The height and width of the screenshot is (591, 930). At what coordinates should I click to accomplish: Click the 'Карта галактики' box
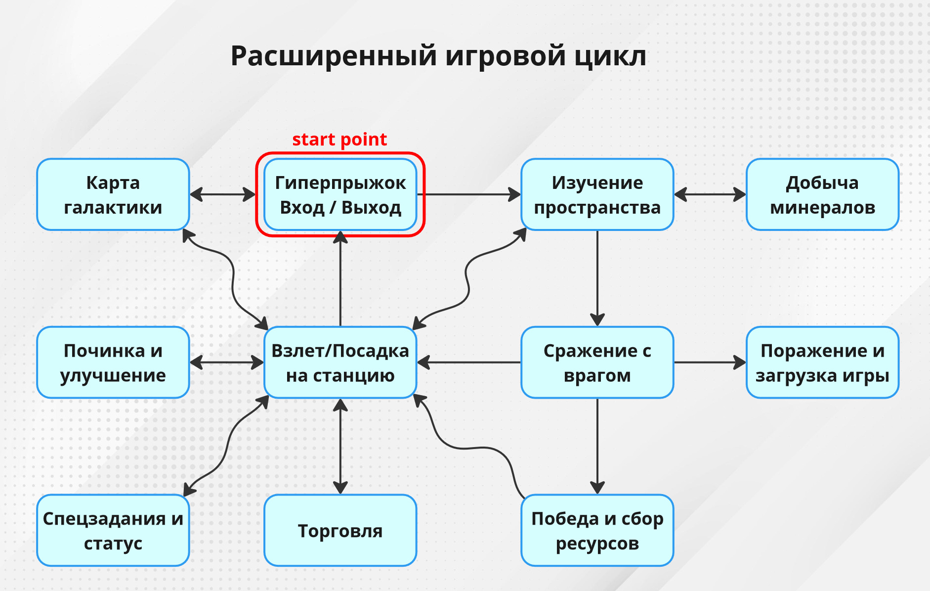(113, 194)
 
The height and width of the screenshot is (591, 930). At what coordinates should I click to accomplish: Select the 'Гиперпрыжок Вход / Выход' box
(340, 194)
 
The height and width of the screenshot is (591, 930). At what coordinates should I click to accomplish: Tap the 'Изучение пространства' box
(597, 194)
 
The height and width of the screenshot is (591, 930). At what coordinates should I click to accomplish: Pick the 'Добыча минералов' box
(822, 194)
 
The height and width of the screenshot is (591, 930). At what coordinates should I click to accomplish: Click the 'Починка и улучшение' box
(113, 363)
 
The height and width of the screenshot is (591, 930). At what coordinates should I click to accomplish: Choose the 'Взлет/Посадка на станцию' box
(340, 363)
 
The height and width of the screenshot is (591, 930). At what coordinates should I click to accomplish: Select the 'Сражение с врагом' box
(597, 363)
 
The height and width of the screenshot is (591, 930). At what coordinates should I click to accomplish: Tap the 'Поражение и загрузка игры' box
(822, 363)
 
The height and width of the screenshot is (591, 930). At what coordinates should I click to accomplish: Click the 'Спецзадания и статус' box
(113, 530)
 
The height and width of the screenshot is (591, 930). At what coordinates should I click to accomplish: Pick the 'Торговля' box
(340, 530)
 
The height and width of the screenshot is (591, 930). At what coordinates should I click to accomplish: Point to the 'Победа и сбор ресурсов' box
(597, 530)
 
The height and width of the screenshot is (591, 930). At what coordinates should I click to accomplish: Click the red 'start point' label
(339, 139)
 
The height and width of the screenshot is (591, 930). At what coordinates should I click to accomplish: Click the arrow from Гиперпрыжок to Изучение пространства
(469, 194)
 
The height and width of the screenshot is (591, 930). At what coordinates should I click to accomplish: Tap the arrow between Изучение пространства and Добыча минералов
(710, 194)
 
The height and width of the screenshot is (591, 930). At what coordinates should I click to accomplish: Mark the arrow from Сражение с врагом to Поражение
(710, 363)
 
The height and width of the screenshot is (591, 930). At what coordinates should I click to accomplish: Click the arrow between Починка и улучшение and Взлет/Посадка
(227, 363)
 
